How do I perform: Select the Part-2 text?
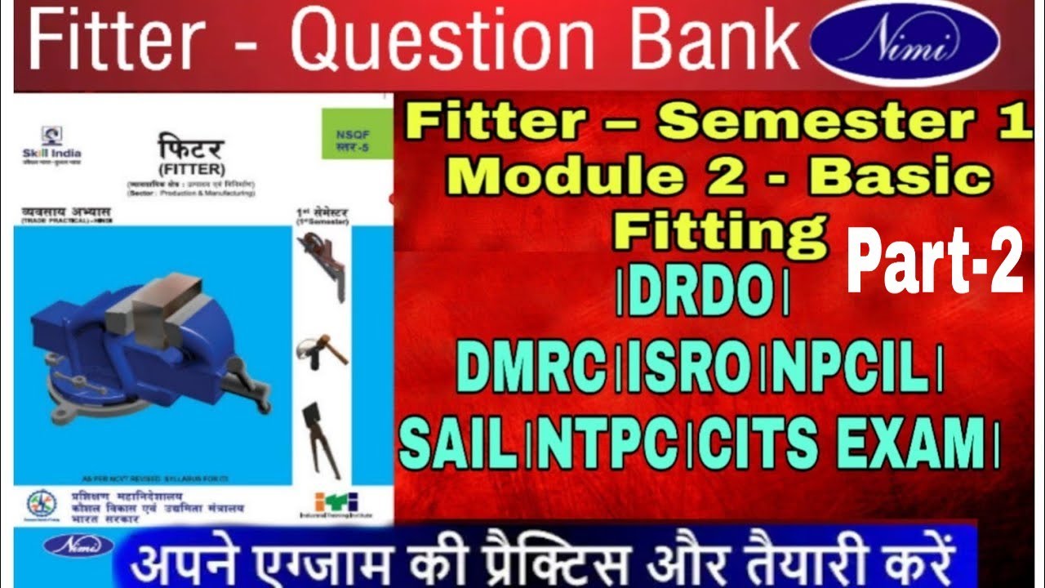(x=934, y=261)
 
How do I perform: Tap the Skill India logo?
(x=52, y=143)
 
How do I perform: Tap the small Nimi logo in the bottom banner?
(x=68, y=546)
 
